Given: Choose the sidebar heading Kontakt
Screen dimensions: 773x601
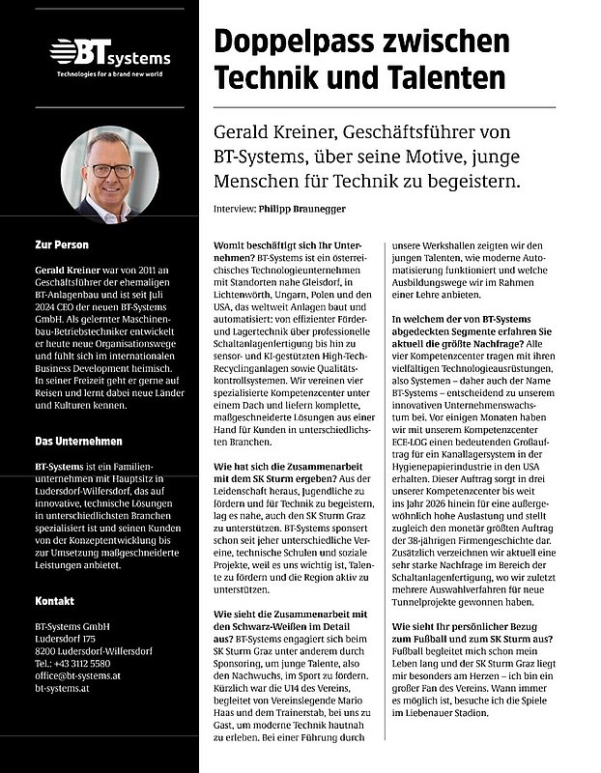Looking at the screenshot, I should (x=54, y=601).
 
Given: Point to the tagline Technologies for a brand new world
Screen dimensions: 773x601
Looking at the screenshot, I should (x=107, y=73).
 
